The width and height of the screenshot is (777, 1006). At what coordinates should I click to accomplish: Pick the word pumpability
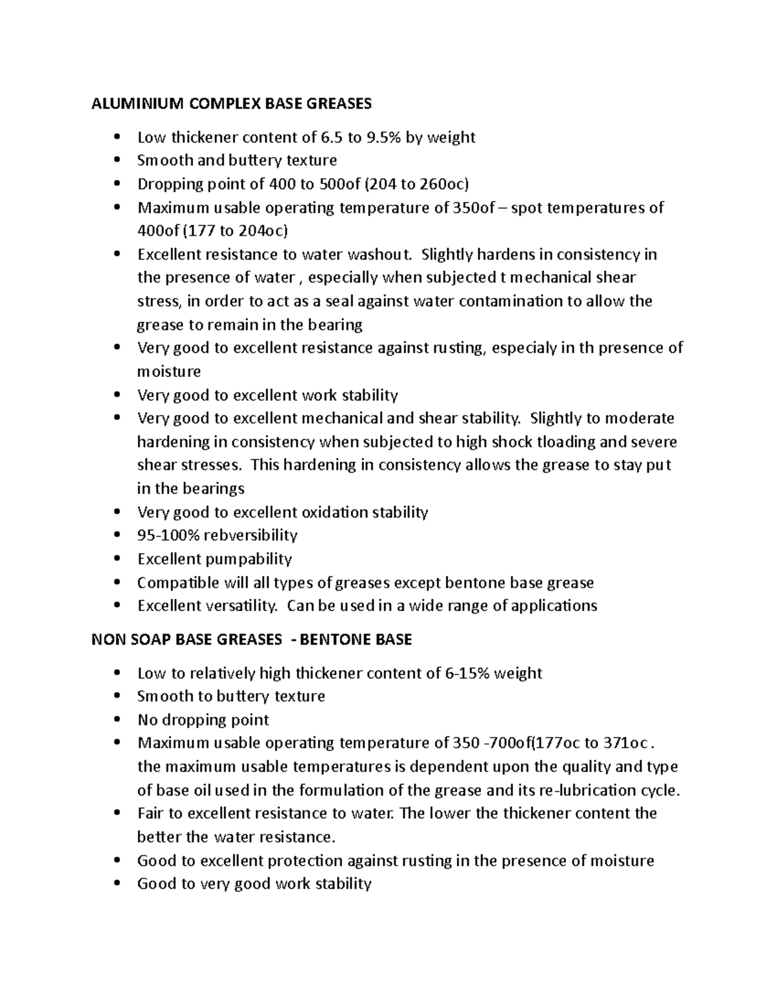249,559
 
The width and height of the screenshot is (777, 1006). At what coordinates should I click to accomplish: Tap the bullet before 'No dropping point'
117,720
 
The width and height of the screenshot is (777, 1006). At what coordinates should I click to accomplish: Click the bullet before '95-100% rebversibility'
117,536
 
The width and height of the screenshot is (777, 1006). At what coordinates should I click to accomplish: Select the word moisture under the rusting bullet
169,372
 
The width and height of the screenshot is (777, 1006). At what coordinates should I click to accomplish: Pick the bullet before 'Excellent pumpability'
117,559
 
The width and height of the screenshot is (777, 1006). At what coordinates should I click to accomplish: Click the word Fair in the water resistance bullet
150,813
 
